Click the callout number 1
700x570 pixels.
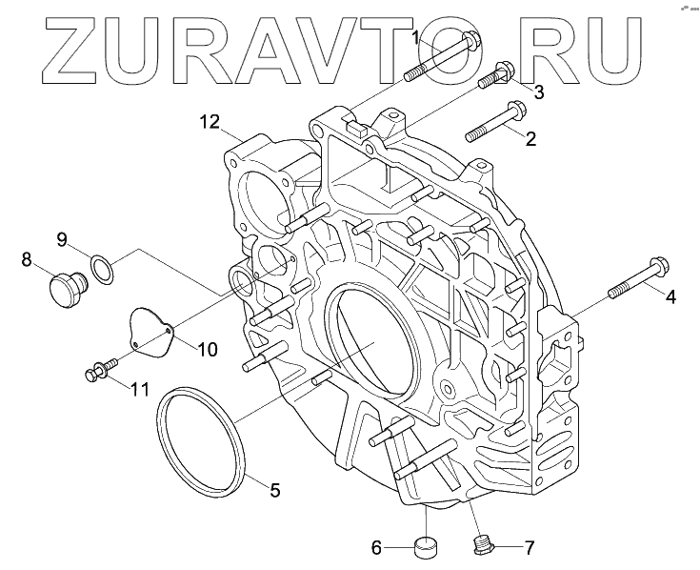tap(416, 37)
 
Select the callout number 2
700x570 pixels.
tap(530, 139)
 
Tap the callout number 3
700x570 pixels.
tap(538, 92)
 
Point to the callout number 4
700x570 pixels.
tap(670, 297)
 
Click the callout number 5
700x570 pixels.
tap(274, 492)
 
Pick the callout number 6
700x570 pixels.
tap(377, 548)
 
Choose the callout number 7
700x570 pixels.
tap(530, 548)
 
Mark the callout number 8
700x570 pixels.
tap(27, 258)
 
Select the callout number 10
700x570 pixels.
tap(208, 349)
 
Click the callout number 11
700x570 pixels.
tap(141, 388)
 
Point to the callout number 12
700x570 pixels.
tap(210, 121)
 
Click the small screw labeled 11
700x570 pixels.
tap(99, 370)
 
